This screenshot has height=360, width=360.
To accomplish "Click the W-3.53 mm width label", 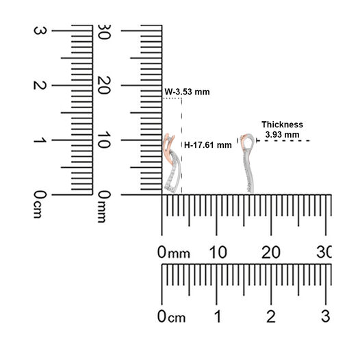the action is pos(187,92).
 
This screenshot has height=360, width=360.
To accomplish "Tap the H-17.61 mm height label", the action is pos(208,145).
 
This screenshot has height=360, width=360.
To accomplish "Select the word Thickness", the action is pos(282,125).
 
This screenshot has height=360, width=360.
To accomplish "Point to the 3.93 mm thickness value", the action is pos(283,135).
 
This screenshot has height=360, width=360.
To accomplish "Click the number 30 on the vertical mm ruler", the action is pos(104,31).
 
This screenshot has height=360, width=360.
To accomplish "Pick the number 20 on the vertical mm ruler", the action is pos(104,86).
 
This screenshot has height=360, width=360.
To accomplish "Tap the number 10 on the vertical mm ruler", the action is pos(104,140).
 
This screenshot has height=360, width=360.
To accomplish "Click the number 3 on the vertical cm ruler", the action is pos(40,31).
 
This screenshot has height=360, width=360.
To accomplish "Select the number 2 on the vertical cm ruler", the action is pos(40,86).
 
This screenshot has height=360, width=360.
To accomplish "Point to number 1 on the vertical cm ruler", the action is pos(40,140).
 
